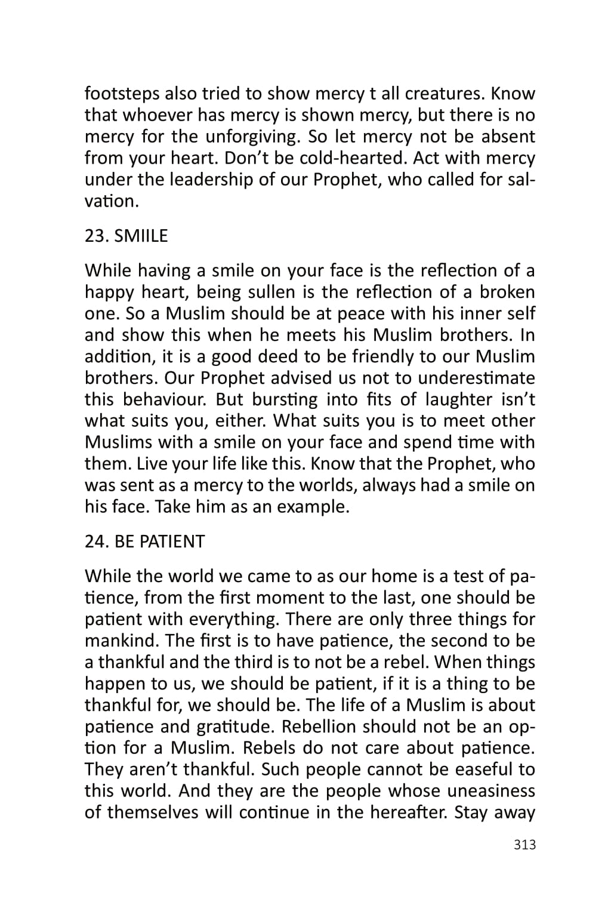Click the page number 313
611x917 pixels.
pos(524,845)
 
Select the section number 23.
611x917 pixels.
pos(95,236)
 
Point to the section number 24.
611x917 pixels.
pos(95,541)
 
